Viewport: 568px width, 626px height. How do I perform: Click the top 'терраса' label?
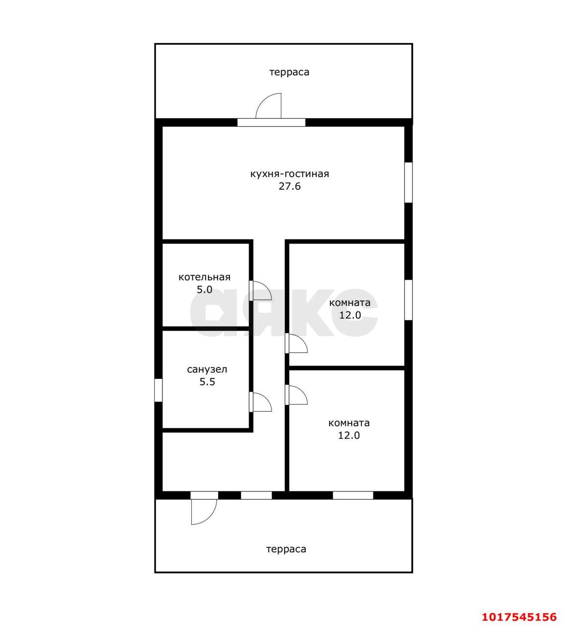pyautogui.click(x=289, y=72)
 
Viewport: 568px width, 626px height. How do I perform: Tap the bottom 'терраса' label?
pyautogui.click(x=286, y=549)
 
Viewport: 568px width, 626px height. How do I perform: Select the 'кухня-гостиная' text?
pyautogui.click(x=290, y=174)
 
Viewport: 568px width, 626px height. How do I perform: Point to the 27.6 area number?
pyautogui.click(x=290, y=186)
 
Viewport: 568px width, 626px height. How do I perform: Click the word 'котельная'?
pyautogui.click(x=204, y=277)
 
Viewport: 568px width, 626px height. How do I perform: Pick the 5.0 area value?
pyautogui.click(x=204, y=290)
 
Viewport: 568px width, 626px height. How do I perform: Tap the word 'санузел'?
pyautogui.click(x=207, y=369)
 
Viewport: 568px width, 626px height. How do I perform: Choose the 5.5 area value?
pyautogui.click(x=207, y=382)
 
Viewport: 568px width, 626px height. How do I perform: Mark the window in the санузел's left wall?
pyautogui.click(x=159, y=390)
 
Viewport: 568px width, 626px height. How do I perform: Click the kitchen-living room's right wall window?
pyautogui.click(x=409, y=182)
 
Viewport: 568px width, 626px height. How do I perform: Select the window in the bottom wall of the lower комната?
pyautogui.click(x=353, y=495)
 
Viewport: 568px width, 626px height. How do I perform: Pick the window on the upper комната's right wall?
pyautogui.click(x=409, y=300)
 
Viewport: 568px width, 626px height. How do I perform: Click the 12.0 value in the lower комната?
pyautogui.click(x=349, y=435)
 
